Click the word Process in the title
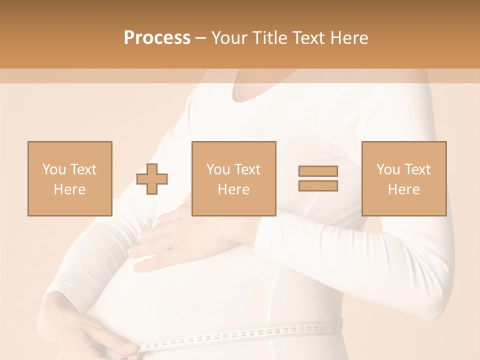(x=157, y=38)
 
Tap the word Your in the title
(x=229, y=38)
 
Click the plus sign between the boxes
(x=152, y=179)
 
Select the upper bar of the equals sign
(x=318, y=171)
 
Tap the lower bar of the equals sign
(x=318, y=186)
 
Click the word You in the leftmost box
(x=54, y=169)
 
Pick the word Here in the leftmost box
(x=69, y=189)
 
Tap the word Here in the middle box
(x=233, y=189)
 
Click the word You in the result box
(x=388, y=169)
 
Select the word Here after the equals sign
(x=403, y=189)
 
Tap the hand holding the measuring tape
(x=100, y=335)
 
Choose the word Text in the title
(x=308, y=38)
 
